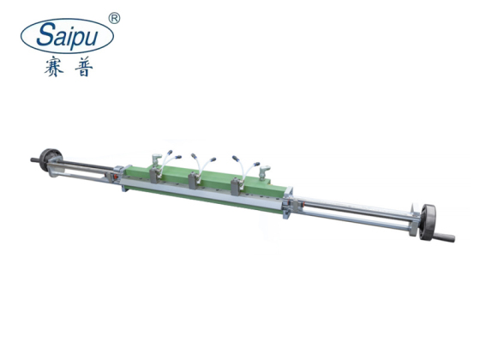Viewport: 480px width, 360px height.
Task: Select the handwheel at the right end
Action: (x=425, y=221)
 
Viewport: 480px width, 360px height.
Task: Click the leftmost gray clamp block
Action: (x=153, y=174)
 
